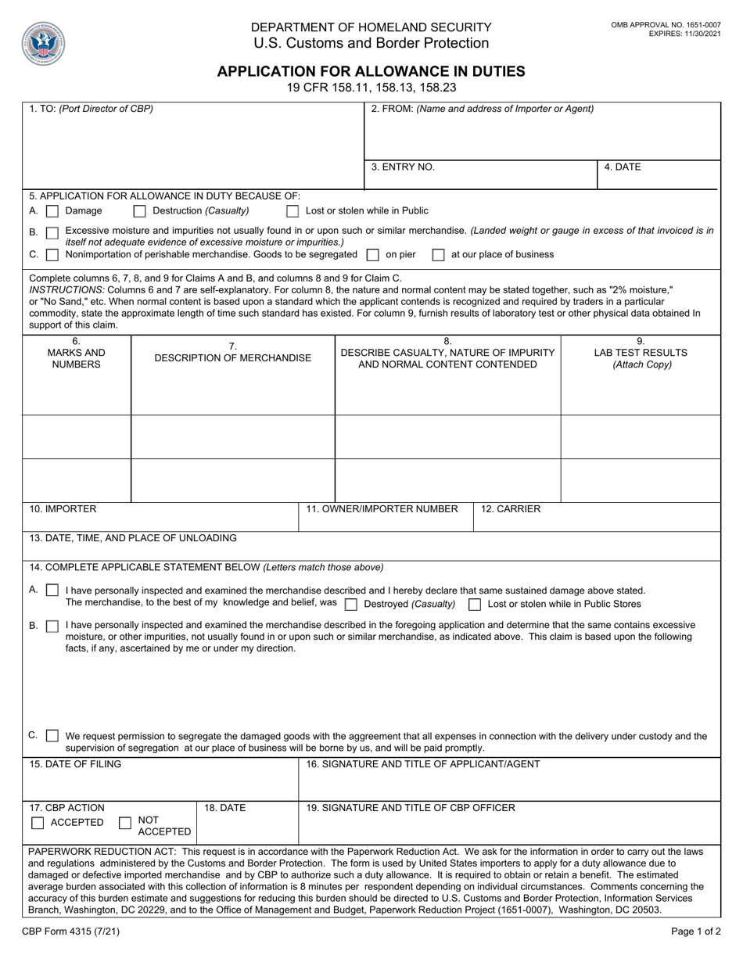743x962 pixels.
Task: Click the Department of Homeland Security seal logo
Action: (x=44, y=43)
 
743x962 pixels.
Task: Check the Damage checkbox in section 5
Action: (x=52, y=211)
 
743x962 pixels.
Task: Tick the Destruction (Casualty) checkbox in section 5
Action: (x=140, y=211)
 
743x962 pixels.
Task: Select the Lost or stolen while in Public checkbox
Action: (x=293, y=211)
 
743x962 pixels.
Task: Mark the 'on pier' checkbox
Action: (x=373, y=255)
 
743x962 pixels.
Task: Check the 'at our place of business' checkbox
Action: (x=438, y=255)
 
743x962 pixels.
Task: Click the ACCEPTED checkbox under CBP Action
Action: (x=38, y=823)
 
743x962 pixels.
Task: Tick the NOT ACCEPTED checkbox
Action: (x=125, y=823)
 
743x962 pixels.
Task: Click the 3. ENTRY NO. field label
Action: (x=403, y=167)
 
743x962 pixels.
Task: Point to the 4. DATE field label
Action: (x=623, y=167)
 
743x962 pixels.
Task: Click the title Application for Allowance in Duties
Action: (x=371, y=71)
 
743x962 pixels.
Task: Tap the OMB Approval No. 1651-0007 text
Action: (x=666, y=26)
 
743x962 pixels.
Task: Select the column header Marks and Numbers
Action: (x=76, y=353)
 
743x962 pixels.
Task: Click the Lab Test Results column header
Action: (x=641, y=353)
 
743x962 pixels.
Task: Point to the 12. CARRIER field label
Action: (x=510, y=509)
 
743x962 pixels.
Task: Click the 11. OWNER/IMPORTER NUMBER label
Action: (x=382, y=509)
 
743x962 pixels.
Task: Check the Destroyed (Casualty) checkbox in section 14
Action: (x=351, y=605)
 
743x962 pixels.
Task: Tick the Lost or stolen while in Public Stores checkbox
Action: (x=475, y=605)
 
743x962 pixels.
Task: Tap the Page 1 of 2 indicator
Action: (x=696, y=932)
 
